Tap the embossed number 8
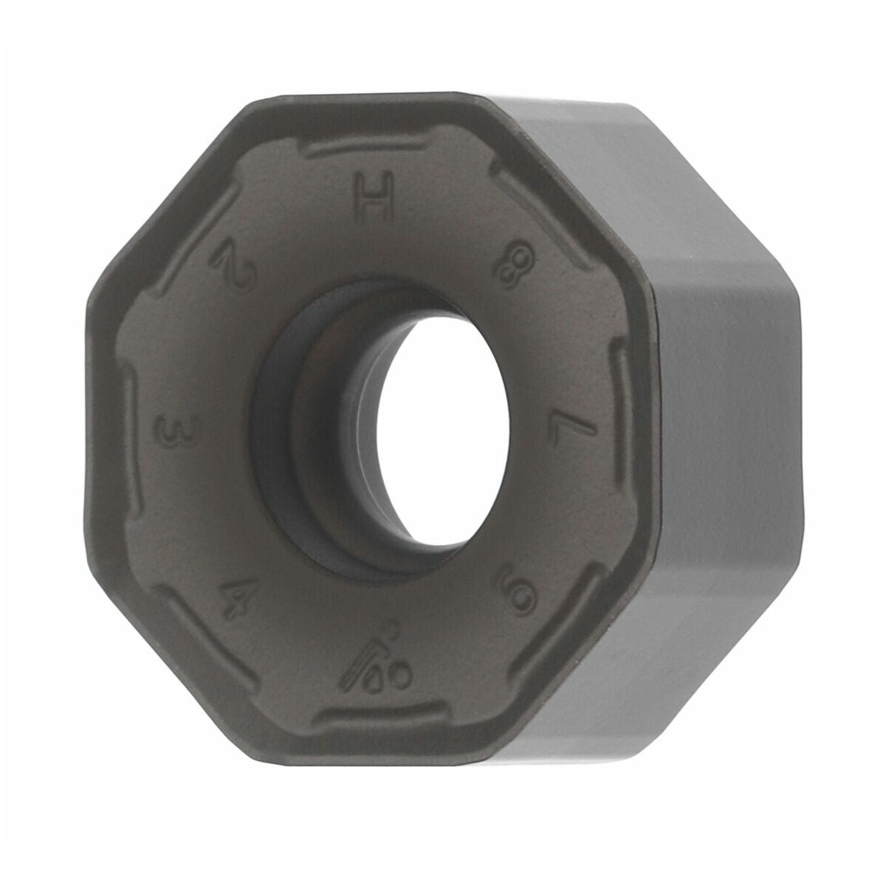pos(515,267)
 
